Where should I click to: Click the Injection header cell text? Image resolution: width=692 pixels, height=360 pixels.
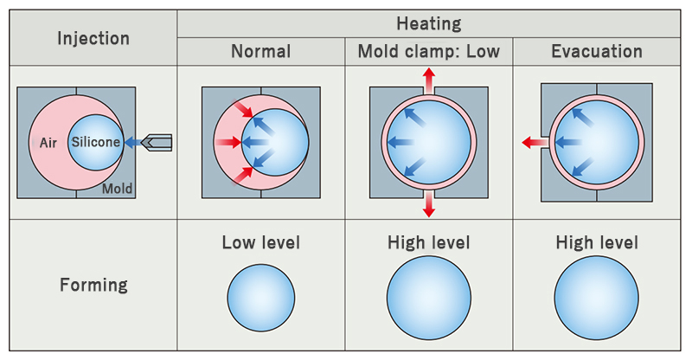pyautogui.click(x=93, y=38)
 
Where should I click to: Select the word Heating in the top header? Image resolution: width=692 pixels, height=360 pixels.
pyautogui.click(x=428, y=23)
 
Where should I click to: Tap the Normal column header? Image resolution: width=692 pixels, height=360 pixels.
pyautogui.click(x=261, y=51)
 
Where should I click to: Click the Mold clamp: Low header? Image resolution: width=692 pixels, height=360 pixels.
pyautogui.click(x=428, y=51)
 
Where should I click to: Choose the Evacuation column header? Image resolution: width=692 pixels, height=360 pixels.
pyautogui.click(x=597, y=51)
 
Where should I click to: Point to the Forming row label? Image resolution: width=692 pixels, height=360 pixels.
pyautogui.click(x=93, y=285)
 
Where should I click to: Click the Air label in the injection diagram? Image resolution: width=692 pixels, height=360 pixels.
pyautogui.click(x=48, y=143)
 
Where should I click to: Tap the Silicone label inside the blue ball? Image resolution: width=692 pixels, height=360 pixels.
pyautogui.click(x=96, y=142)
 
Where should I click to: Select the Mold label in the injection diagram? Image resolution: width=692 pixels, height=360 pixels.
pyautogui.click(x=117, y=189)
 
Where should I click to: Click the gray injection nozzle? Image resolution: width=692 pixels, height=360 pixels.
pyautogui.click(x=157, y=142)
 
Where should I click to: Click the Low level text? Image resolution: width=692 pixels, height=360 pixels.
pyautogui.click(x=261, y=242)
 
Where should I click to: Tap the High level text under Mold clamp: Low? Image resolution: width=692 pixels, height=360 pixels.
pyautogui.click(x=428, y=242)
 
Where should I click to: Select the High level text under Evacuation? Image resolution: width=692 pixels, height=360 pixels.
pyautogui.click(x=597, y=242)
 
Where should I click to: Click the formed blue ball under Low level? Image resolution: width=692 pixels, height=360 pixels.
pyautogui.click(x=261, y=298)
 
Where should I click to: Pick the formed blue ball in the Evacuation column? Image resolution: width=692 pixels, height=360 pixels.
pyautogui.click(x=596, y=298)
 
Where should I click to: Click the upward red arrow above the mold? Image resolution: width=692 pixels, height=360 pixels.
pyautogui.click(x=428, y=80)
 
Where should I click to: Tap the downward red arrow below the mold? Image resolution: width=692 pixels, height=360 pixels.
pyautogui.click(x=428, y=204)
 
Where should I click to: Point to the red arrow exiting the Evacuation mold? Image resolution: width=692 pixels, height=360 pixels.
pyautogui.click(x=535, y=142)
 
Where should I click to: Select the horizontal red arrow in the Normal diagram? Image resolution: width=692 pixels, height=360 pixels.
pyautogui.click(x=228, y=142)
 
